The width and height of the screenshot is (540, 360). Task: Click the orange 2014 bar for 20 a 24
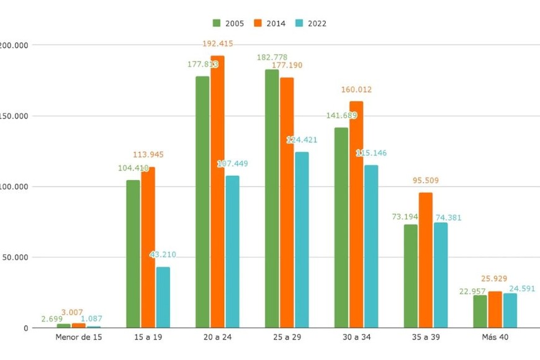coord(217,192)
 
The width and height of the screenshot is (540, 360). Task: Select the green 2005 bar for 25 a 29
coord(272,199)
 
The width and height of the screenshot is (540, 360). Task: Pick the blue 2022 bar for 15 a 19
coord(163,297)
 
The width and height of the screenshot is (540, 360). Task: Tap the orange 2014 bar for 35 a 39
coord(426,260)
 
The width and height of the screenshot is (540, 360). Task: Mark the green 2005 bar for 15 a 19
coord(133,254)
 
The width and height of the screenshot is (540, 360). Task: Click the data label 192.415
coord(218,43)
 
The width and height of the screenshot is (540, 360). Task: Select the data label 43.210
coord(164,254)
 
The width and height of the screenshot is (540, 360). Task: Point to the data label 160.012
coord(356,89)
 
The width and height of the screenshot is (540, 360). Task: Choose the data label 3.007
coord(71,312)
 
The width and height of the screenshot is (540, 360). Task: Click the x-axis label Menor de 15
coord(79,337)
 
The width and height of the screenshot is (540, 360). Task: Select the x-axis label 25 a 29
coord(287,337)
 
